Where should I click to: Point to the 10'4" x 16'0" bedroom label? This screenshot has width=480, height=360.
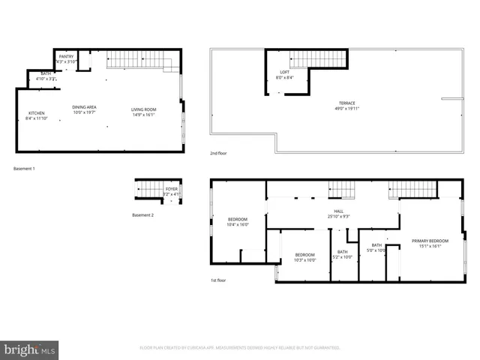point(238,221)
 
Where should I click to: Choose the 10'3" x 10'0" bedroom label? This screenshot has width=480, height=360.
point(305,257)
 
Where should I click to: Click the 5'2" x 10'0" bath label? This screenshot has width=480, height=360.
point(342,255)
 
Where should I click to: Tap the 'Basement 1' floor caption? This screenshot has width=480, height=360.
point(24,169)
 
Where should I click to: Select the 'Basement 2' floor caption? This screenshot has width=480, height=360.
point(142,215)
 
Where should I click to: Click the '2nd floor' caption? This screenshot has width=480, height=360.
point(218,153)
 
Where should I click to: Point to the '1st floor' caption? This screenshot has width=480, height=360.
point(217,280)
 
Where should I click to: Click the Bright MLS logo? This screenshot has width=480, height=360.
point(30,349)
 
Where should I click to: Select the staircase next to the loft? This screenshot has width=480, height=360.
point(319,58)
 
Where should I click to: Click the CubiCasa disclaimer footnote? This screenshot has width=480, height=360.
point(240,348)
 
